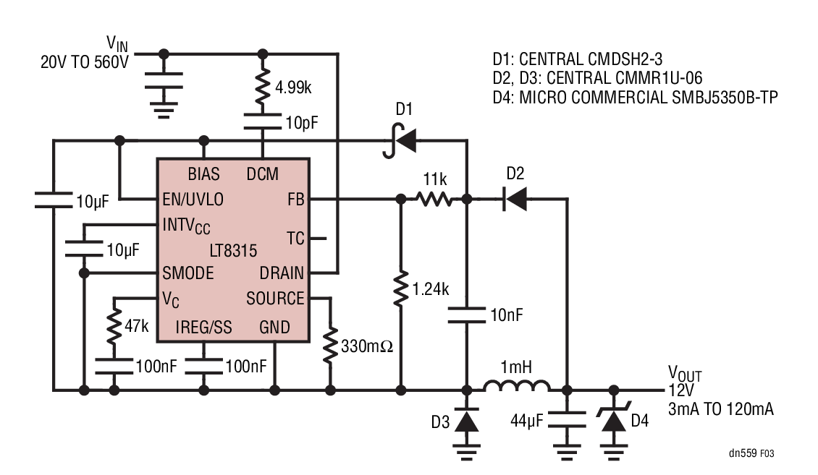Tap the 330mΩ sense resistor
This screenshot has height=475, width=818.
331,346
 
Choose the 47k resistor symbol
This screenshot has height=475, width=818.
114,327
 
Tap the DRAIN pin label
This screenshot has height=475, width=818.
282,273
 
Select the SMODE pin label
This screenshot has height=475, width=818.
187,273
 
